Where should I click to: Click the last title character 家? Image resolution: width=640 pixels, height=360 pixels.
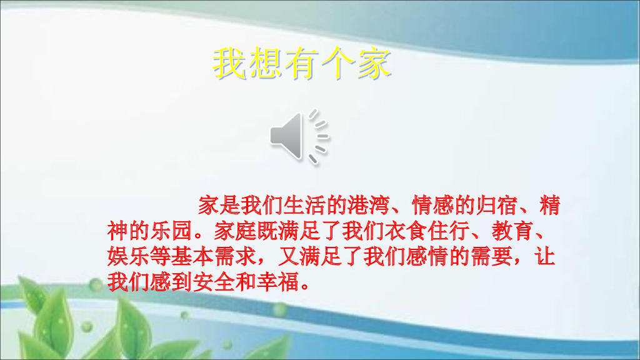pyautogui.click(x=374, y=62)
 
